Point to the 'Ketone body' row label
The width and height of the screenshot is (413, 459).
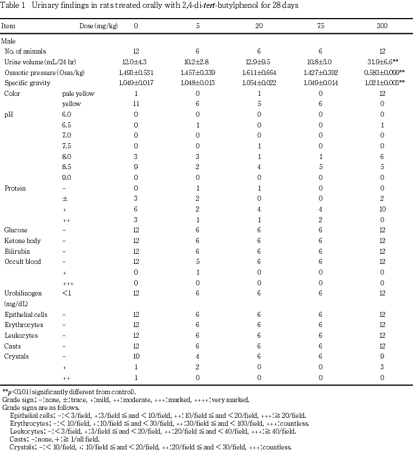coord(21,241)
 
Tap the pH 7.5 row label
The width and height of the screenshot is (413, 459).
coord(67,146)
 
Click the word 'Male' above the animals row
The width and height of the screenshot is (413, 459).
coord(8,41)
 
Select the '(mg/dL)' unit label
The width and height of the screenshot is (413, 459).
coord(17,303)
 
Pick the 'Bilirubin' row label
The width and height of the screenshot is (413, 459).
coord(17,251)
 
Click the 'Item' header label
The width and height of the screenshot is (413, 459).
coord(8,27)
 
